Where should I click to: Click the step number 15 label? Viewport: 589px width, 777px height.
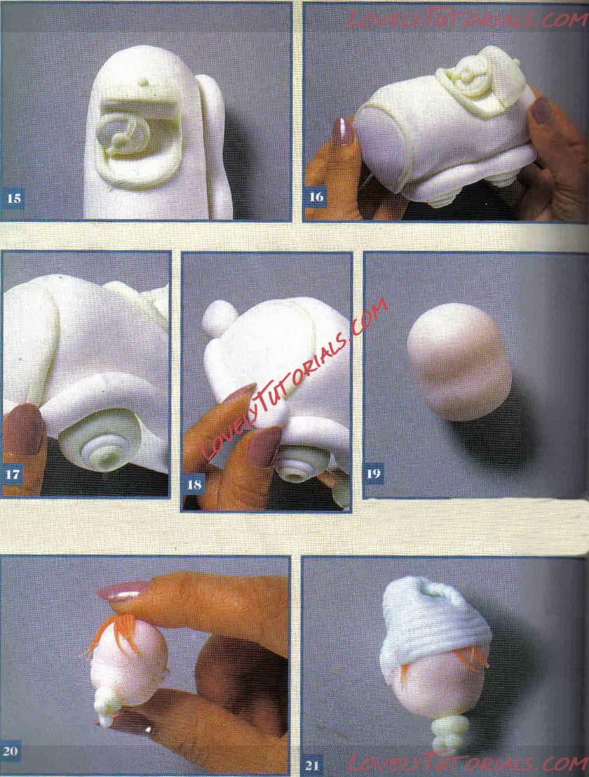tap(14, 199)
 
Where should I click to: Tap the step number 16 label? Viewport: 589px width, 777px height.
tap(316, 197)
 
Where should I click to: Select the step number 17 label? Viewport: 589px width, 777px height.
tap(13, 474)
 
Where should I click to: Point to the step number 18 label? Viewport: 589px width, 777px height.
tap(194, 484)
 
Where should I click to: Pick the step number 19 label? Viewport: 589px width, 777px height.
tap(374, 474)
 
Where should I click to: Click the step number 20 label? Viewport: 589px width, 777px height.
tap(11, 751)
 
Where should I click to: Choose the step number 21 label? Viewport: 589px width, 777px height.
tap(312, 764)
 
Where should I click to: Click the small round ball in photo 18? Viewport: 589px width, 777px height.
tap(219, 318)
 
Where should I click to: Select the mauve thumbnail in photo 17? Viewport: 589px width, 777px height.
tap(23, 429)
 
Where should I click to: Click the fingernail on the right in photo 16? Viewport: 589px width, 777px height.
tap(543, 110)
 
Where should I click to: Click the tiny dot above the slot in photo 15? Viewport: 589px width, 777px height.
tap(143, 81)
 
